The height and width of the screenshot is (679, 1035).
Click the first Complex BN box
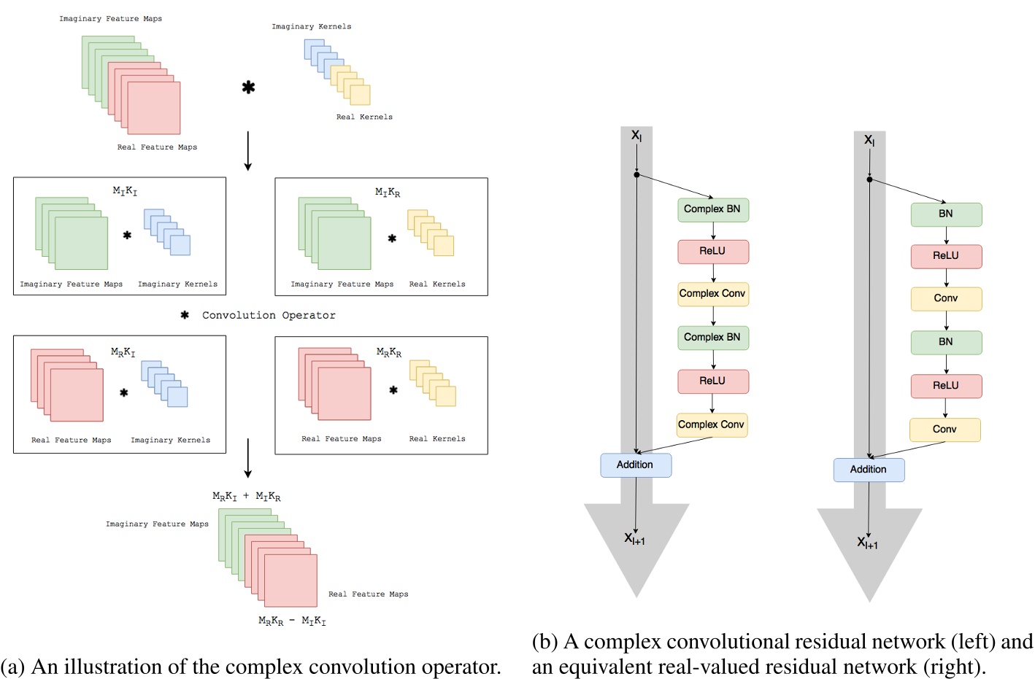(x=712, y=209)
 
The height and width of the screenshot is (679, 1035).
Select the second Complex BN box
(x=712, y=338)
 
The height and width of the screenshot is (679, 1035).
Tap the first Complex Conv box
(x=712, y=294)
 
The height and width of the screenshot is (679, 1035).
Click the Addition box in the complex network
(x=635, y=465)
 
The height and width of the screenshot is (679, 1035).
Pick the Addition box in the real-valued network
(x=869, y=470)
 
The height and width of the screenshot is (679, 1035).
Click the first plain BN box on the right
(x=946, y=214)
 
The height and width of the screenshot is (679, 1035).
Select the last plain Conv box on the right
(x=944, y=430)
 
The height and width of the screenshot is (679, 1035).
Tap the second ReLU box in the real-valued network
(x=946, y=386)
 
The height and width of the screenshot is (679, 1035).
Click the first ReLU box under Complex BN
(x=712, y=252)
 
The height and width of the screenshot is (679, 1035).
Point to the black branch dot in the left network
(x=636, y=175)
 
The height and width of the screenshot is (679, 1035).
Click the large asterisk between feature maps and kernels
(x=248, y=88)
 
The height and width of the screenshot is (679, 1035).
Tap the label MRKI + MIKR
(x=246, y=497)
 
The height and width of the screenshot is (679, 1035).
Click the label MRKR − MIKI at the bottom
(x=292, y=621)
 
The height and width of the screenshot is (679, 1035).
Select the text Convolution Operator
(x=269, y=315)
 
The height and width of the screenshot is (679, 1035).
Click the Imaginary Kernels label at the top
(x=312, y=26)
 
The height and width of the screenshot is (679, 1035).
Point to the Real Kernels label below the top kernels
(x=364, y=117)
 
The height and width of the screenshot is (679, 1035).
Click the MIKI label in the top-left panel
(x=125, y=191)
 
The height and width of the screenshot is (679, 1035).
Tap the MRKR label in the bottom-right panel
(x=388, y=352)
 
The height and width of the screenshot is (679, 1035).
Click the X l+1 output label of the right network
(x=867, y=543)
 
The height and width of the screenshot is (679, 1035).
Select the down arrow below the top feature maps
(x=247, y=151)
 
